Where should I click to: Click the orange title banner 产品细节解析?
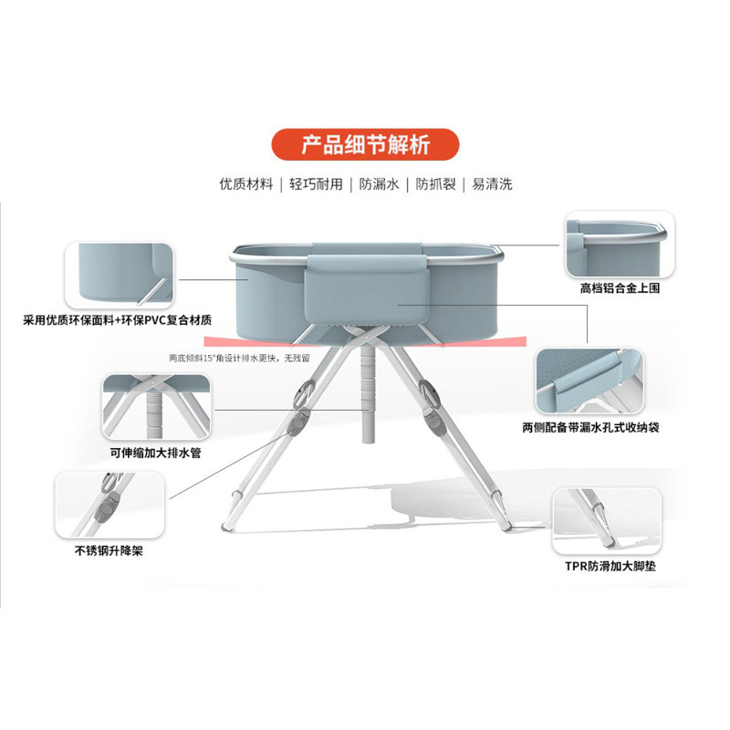pos(364,145)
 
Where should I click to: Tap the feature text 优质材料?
pos(246,183)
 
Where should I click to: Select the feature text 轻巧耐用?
pos(317,183)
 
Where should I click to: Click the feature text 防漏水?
pos(379,183)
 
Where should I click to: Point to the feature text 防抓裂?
pos(434,183)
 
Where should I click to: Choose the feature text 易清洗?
pos(492,183)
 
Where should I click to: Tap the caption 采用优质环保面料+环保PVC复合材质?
pos(118,320)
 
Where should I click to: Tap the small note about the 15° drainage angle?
pos(239,358)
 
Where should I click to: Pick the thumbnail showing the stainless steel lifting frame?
pos(99,504)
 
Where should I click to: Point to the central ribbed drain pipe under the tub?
pos(367,392)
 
